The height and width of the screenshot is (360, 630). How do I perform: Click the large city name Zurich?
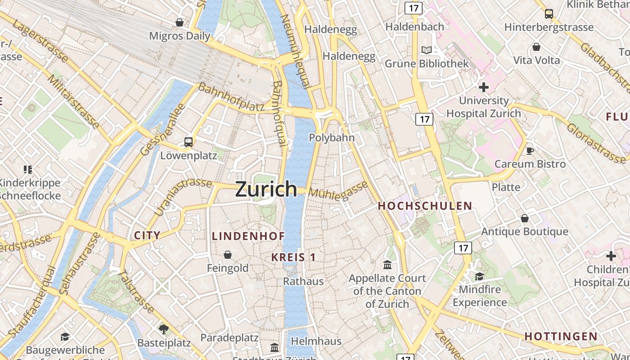(x=266, y=189)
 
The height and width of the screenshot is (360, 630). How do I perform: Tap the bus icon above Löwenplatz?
(x=189, y=142)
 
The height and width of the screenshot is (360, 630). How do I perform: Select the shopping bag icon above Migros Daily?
(x=180, y=22)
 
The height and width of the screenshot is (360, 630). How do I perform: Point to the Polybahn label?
(x=332, y=138)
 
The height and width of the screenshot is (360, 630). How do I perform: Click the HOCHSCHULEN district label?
(x=425, y=206)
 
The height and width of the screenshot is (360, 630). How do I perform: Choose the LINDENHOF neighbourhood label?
(x=248, y=236)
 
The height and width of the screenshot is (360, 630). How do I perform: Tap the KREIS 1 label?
(x=293, y=257)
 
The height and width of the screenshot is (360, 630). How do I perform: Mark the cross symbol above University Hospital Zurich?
(x=484, y=87)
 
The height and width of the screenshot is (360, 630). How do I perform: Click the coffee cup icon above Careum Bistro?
(x=530, y=151)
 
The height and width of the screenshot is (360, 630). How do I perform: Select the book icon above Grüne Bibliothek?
(x=426, y=50)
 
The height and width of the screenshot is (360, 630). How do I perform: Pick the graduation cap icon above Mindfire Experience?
(x=479, y=276)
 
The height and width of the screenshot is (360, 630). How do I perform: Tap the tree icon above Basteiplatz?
(x=164, y=329)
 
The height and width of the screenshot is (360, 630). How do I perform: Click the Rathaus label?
(x=303, y=281)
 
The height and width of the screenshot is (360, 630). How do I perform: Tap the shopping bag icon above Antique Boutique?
(x=525, y=219)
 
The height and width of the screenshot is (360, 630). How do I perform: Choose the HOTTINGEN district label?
(x=561, y=336)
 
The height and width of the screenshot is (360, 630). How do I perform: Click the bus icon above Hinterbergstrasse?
(x=549, y=13)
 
